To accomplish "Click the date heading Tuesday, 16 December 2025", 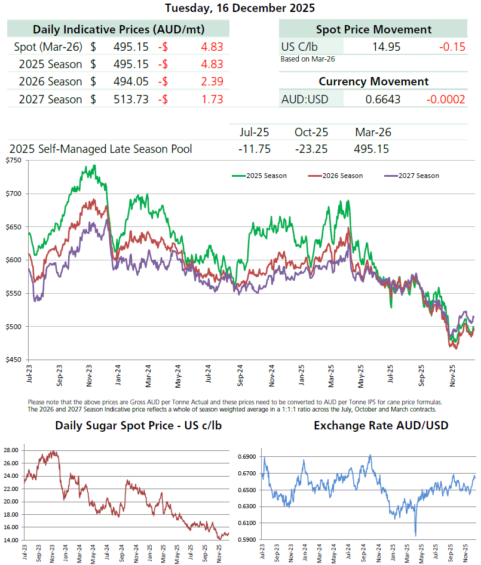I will click(240, 8).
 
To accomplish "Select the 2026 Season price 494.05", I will click(131, 82).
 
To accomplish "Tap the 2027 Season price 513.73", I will click(131, 100).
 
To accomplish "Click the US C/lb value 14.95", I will click(386, 47).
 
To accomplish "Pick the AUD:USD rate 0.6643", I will click(383, 99).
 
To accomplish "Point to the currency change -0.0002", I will click(446, 99).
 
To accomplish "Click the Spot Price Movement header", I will click(373, 29).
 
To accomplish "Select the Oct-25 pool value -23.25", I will click(311, 149).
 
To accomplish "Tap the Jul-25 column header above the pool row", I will click(255, 133).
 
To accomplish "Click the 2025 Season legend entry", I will click(266, 176).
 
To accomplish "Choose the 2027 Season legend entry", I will click(419, 176).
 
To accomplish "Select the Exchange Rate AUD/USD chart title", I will click(363, 426).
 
